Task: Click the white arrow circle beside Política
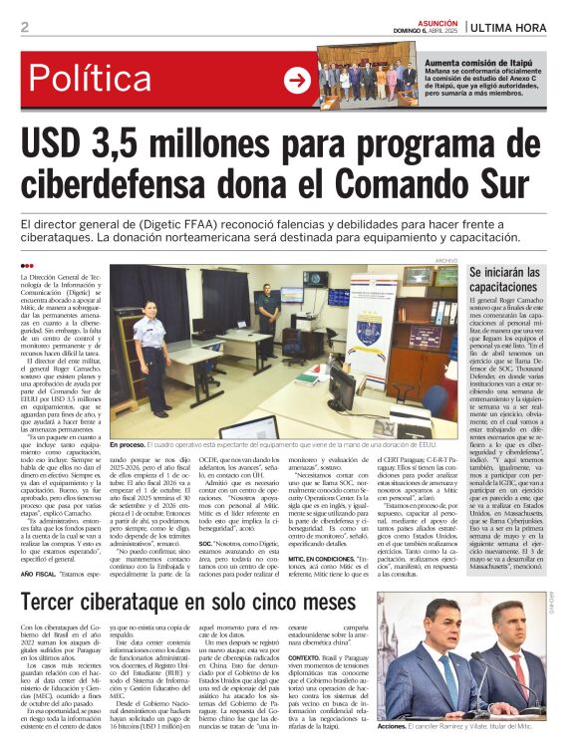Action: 297,81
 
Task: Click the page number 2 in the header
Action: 25,27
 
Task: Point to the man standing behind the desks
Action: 266,319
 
